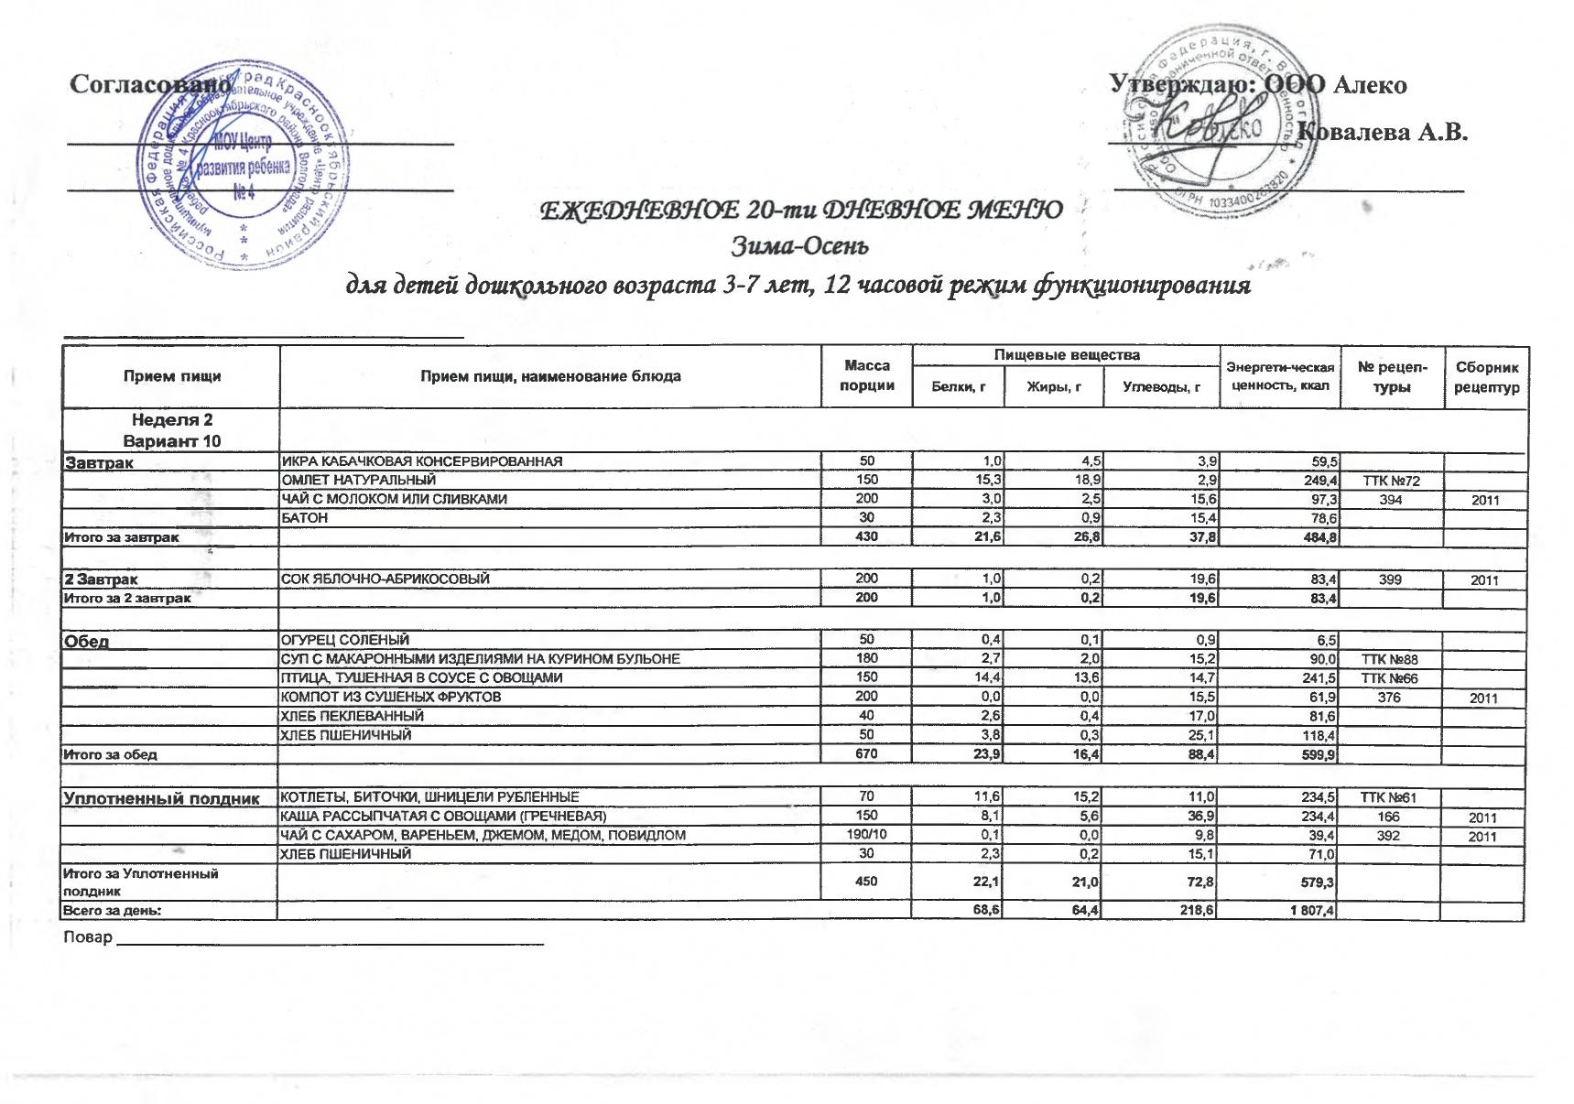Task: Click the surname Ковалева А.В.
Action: [x=1384, y=132]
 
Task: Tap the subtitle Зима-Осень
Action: [x=799, y=246]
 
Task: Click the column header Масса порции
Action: [x=866, y=375]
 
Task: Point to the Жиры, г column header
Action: [x=1053, y=387]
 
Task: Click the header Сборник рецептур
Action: [x=1485, y=376]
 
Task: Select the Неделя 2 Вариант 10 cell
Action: [x=171, y=430]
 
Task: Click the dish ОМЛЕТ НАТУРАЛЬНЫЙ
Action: [x=357, y=480]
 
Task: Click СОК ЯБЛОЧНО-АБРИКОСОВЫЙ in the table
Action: [x=385, y=579]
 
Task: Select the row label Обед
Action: [x=86, y=641]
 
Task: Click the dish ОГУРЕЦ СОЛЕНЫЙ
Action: [x=344, y=640]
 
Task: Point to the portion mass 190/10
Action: [x=866, y=835]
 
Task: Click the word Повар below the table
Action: [x=87, y=937]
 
